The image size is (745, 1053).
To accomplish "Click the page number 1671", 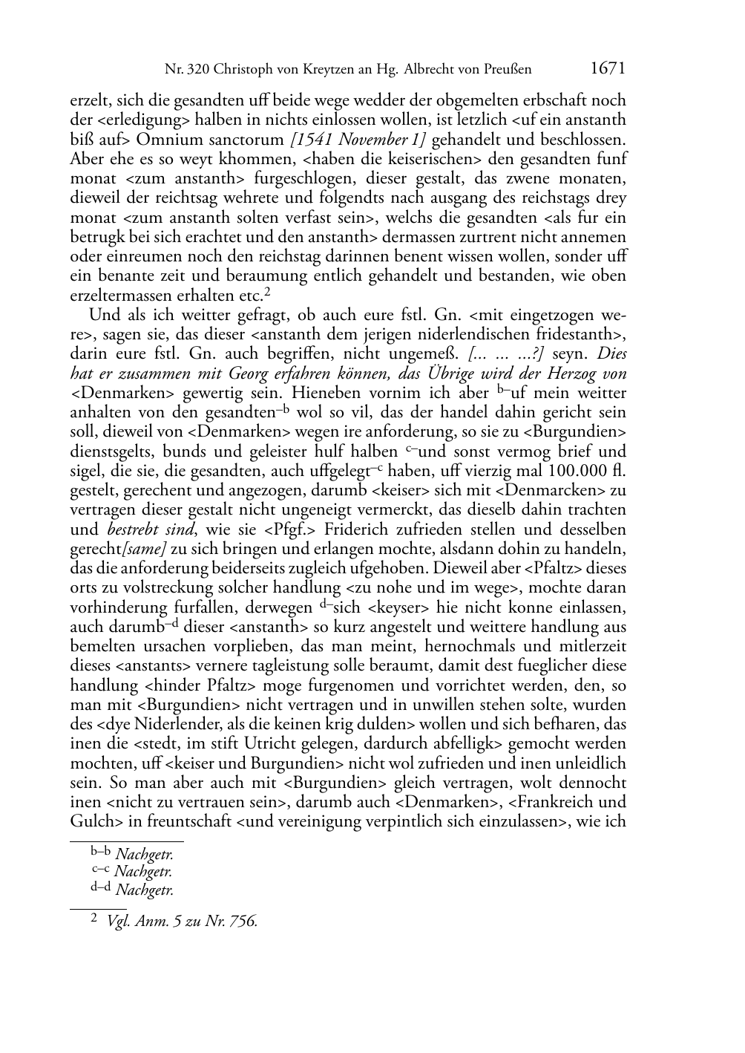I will pos(608,68).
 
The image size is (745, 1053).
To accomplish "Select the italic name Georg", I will pos(272,374).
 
